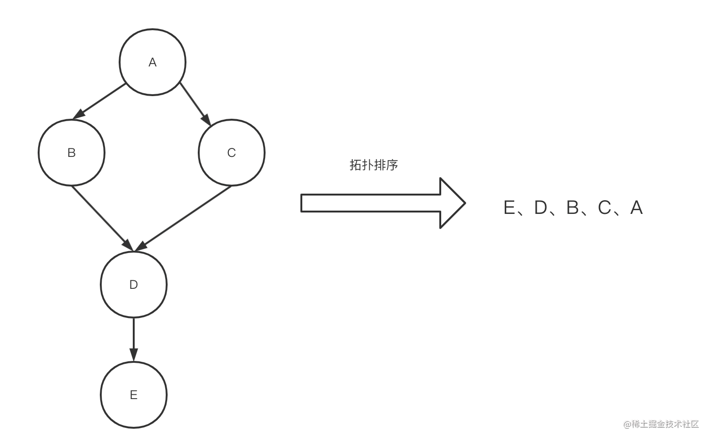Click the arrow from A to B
click(x=99, y=101)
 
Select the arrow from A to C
click(x=195, y=104)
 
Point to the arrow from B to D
click(x=102, y=219)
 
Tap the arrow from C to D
click(x=183, y=218)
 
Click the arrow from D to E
click(x=134, y=340)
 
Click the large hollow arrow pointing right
click(x=383, y=203)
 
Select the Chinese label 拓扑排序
click(x=373, y=165)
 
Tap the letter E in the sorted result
click(x=509, y=208)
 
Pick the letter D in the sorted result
click(x=541, y=208)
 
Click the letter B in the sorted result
click(x=573, y=208)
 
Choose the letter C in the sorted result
click(x=605, y=208)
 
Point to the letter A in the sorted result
click(x=637, y=208)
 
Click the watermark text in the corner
click(x=661, y=424)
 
